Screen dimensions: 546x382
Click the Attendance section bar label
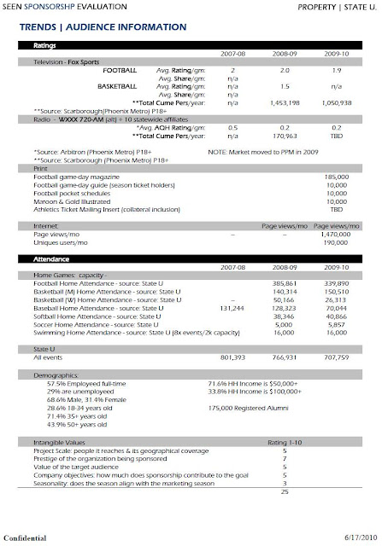[x=50, y=257]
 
